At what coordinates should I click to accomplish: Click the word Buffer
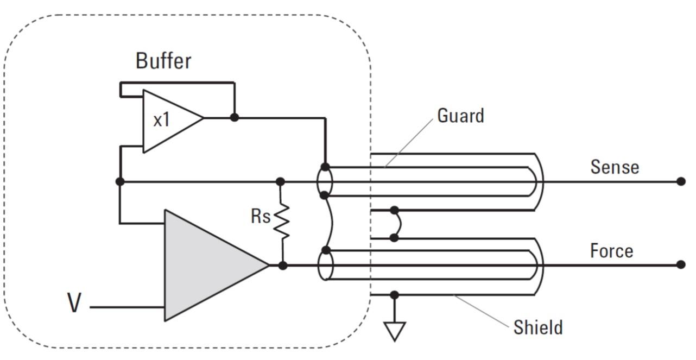[x=163, y=61]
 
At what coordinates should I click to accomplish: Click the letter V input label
[x=74, y=302]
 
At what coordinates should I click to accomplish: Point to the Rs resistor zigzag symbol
[x=282, y=222]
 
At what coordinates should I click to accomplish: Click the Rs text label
[x=261, y=216]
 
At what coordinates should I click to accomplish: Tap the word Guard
[x=461, y=116]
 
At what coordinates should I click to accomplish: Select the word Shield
[x=538, y=327]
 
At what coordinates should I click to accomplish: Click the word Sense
[x=615, y=167]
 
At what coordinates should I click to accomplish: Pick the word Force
[x=611, y=251]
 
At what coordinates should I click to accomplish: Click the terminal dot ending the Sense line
[x=681, y=181]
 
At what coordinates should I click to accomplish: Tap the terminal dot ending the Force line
[x=681, y=265]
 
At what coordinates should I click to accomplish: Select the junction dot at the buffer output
[x=235, y=117]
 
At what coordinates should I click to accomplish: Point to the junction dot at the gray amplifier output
[x=283, y=266]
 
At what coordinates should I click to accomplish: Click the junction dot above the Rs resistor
[x=280, y=181]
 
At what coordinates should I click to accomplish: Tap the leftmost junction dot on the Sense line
[x=120, y=181]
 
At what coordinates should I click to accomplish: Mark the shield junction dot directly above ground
[x=394, y=295]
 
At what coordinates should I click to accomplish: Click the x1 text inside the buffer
[x=162, y=119]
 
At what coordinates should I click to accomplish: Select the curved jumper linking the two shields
[x=398, y=224]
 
